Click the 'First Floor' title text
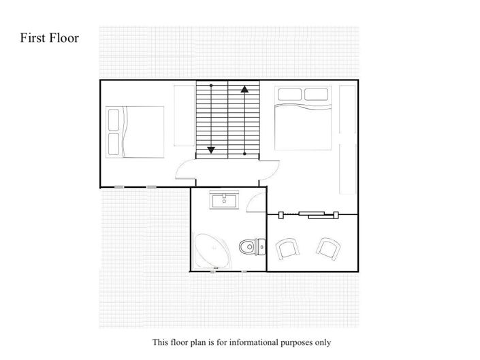pyautogui.click(x=50, y=37)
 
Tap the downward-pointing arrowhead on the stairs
pyautogui.click(x=211, y=150)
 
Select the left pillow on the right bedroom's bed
pyautogui.click(x=288, y=94)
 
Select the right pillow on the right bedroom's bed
pyautogui.click(x=317, y=94)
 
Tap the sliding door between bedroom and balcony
pyautogui.click(x=310, y=215)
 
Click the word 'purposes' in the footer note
pyautogui.click(x=310, y=342)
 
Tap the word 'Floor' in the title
pyautogui.click(x=65, y=37)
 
